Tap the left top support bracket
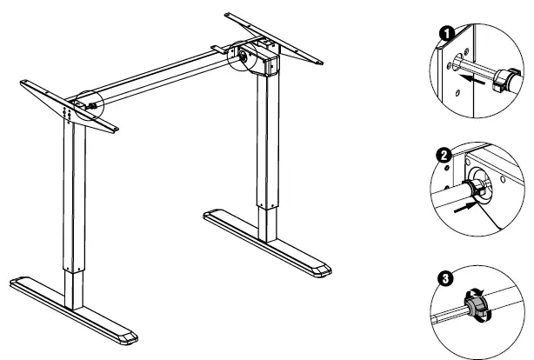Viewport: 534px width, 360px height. click(70, 103)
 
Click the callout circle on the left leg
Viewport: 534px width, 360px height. click(90, 105)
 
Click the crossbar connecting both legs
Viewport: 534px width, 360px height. click(165, 78)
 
